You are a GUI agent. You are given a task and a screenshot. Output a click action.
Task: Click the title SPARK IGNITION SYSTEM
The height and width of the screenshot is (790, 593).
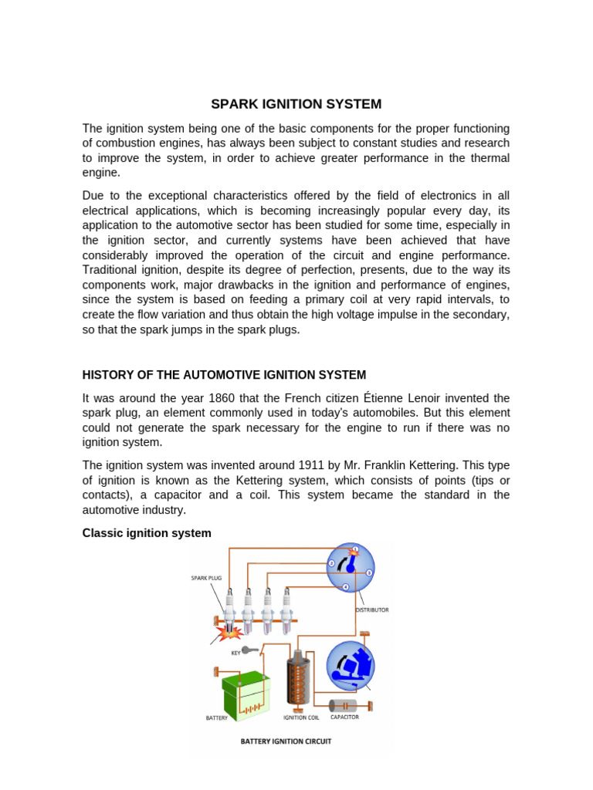click(296, 103)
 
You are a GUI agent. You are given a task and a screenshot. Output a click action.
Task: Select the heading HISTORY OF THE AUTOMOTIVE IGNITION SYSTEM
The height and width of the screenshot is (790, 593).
click(224, 375)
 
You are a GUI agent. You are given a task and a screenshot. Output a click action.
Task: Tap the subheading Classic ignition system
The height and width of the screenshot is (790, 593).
click(147, 533)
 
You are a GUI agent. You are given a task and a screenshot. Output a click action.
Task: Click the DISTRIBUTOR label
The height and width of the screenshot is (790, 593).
click(372, 609)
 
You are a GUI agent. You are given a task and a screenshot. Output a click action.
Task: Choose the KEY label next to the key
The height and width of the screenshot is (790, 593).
click(236, 653)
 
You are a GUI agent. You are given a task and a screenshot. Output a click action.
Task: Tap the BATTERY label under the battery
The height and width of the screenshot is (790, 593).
click(217, 718)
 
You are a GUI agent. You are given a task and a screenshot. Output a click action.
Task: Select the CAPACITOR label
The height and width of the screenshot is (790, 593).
click(344, 717)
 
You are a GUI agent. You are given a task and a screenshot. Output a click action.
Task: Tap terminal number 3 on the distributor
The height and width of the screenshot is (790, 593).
click(369, 572)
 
